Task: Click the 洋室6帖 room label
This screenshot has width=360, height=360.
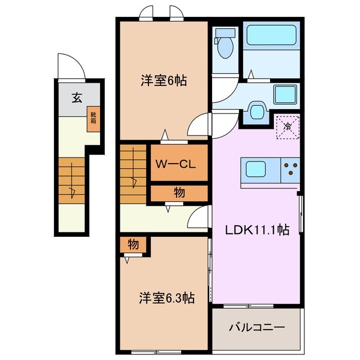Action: click(164, 81)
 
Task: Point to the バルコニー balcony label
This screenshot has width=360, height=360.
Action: click(256, 327)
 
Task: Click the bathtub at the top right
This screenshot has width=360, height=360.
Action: click(272, 35)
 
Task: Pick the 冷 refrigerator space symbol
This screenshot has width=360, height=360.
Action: click(287, 127)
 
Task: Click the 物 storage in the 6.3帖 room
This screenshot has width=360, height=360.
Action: click(133, 245)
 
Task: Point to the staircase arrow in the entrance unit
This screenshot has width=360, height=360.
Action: click(73, 191)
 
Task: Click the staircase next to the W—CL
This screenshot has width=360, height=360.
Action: click(133, 174)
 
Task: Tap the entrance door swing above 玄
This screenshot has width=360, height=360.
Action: click(70, 68)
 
